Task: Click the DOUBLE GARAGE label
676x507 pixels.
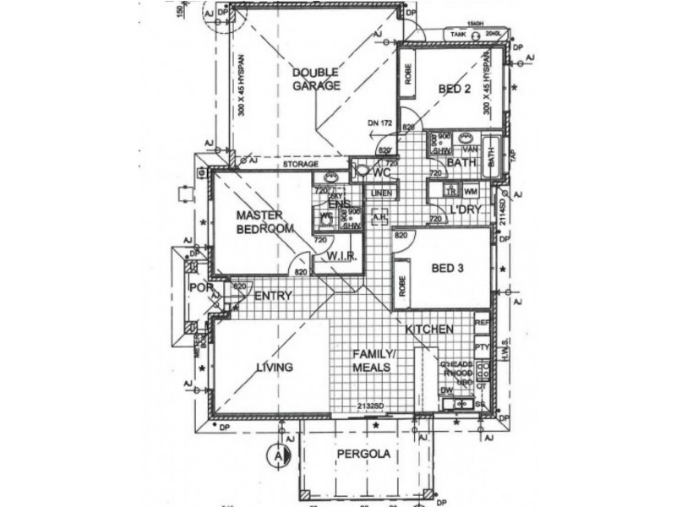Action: [x=316, y=79]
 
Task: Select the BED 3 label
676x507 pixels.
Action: [x=449, y=270]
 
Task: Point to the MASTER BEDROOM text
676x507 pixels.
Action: [x=264, y=222]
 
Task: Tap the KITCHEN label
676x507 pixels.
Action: [x=430, y=329]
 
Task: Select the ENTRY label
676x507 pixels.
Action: [x=273, y=296]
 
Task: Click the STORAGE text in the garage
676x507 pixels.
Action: [x=300, y=165]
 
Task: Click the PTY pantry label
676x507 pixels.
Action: [x=482, y=346]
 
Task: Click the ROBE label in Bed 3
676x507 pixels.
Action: [x=404, y=280]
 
